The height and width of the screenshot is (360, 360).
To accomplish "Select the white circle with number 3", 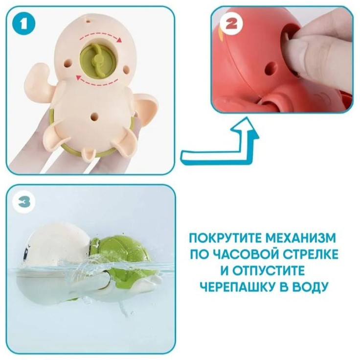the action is click(x=24, y=202).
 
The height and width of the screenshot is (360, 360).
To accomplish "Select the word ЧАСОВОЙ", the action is click(x=249, y=255).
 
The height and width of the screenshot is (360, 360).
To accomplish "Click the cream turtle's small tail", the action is click(x=89, y=154).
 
